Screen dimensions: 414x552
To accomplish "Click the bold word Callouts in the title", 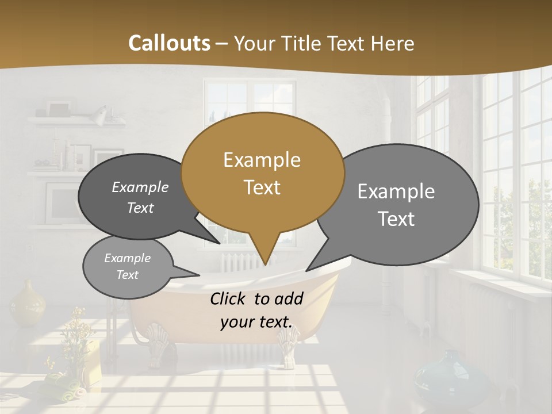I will pos(169,43).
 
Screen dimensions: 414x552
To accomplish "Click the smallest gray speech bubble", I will pos(128,266).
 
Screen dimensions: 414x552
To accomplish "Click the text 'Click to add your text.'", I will pos(256,310).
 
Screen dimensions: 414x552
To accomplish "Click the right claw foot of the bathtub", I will pos(287,344).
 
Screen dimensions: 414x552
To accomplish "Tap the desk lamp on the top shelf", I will pos(100,114).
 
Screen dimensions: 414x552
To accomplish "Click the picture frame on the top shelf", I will pos(58,109).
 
